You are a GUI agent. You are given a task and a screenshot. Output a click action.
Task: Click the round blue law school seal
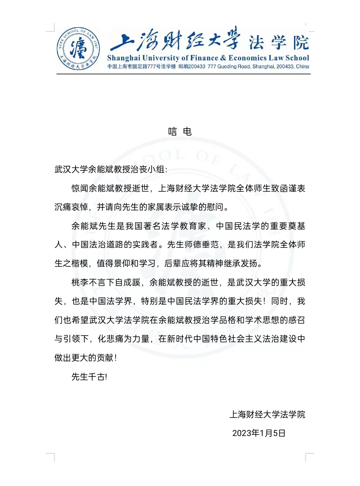[x=78, y=49]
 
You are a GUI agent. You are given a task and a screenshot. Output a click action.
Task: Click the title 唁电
[x=180, y=132]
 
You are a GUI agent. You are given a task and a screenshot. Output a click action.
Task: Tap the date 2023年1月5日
[x=259, y=433]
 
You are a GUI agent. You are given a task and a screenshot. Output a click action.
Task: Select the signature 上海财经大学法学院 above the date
[x=267, y=415]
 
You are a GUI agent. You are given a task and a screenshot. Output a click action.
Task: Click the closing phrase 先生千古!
[x=89, y=377]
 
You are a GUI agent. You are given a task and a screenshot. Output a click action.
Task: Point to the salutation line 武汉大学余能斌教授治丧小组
[x=110, y=169]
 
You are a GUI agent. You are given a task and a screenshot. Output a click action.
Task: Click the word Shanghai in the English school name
[x=124, y=58]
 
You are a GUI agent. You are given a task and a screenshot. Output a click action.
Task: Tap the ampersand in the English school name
[x=223, y=58]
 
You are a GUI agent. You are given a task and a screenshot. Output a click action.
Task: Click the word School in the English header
[x=297, y=58]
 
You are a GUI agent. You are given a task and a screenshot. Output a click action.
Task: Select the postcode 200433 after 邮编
[x=197, y=66]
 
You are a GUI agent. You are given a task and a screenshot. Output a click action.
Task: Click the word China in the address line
[x=302, y=66]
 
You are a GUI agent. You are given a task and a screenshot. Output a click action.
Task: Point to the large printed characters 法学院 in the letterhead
[x=279, y=43]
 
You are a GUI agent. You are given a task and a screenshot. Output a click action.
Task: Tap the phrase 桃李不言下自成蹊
[x=106, y=283]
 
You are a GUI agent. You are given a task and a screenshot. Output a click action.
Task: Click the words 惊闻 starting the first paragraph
[x=80, y=188]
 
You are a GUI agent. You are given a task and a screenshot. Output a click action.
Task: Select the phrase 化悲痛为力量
[x=123, y=339]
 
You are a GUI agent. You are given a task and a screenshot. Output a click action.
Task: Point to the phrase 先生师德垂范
[x=193, y=245]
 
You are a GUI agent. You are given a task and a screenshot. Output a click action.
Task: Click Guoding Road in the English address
[x=233, y=66]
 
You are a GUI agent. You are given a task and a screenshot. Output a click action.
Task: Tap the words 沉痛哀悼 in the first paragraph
[x=71, y=207]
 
